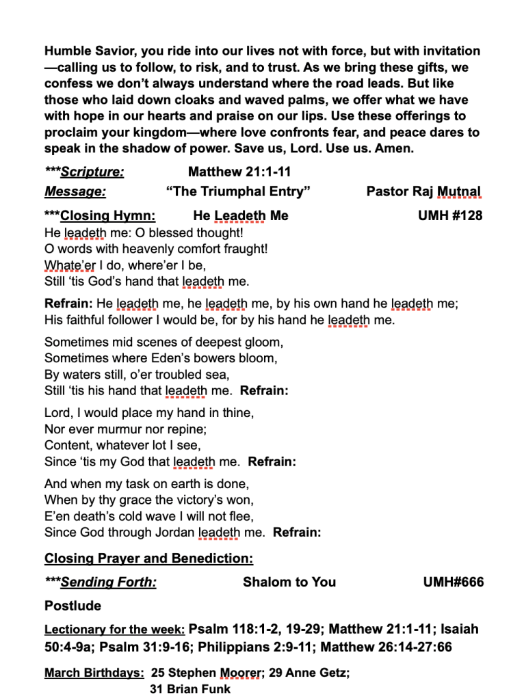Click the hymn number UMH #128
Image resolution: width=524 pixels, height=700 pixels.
click(x=449, y=216)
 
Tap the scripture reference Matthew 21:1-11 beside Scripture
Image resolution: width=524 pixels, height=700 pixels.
click(x=239, y=172)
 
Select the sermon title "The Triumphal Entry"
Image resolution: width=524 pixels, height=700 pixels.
click(x=238, y=191)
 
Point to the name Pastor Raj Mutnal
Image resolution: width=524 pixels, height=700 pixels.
click(x=423, y=191)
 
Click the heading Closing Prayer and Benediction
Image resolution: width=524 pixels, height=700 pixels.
click(x=148, y=558)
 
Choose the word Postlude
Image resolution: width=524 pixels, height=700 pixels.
click(x=73, y=606)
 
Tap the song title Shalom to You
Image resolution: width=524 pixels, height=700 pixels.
click(x=289, y=582)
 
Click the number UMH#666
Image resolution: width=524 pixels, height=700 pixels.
click(x=454, y=582)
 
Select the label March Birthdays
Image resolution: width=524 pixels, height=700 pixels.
click(x=94, y=673)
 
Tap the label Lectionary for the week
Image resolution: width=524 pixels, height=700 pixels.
click(x=114, y=630)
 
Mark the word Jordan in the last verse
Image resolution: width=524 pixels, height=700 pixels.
click(x=173, y=533)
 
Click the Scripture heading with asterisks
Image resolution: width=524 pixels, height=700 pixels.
click(x=84, y=172)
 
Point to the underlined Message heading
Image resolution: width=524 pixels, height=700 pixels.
click(x=75, y=191)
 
